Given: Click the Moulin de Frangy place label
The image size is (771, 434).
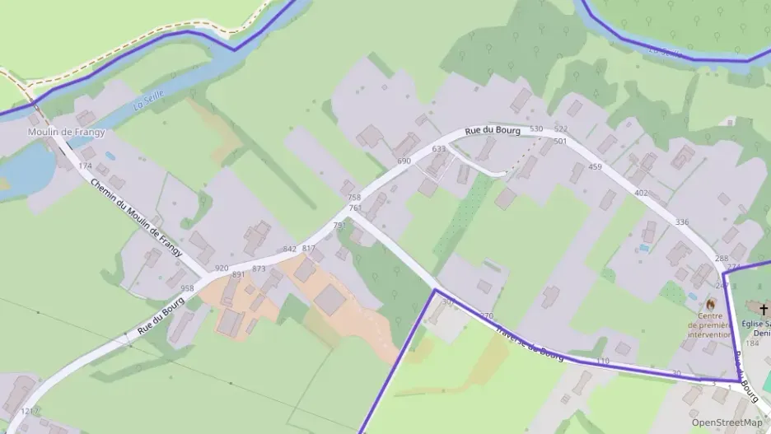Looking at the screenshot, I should (67, 132).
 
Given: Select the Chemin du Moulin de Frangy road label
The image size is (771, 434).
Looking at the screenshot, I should (136, 217).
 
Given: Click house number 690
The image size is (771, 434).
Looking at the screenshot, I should (404, 161).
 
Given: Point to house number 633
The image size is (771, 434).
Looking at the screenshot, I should (438, 149).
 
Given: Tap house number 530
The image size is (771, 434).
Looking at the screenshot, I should (536, 129).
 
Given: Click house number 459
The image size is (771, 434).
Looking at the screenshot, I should (595, 167).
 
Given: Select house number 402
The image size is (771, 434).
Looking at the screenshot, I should (641, 193).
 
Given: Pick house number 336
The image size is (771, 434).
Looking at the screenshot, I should (681, 222).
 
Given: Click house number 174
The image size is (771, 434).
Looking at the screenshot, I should (85, 166).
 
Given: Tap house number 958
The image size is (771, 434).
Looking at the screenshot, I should (187, 288).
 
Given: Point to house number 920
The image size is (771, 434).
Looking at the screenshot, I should (221, 268).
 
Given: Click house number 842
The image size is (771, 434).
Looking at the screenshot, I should (289, 249).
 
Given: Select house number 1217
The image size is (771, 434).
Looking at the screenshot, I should (30, 410).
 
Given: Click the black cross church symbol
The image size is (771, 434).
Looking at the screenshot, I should (764, 310).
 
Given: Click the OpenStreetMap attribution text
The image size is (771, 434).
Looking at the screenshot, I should (727, 422).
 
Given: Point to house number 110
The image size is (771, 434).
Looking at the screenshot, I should (602, 362).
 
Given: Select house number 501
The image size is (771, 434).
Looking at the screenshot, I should (561, 142).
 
